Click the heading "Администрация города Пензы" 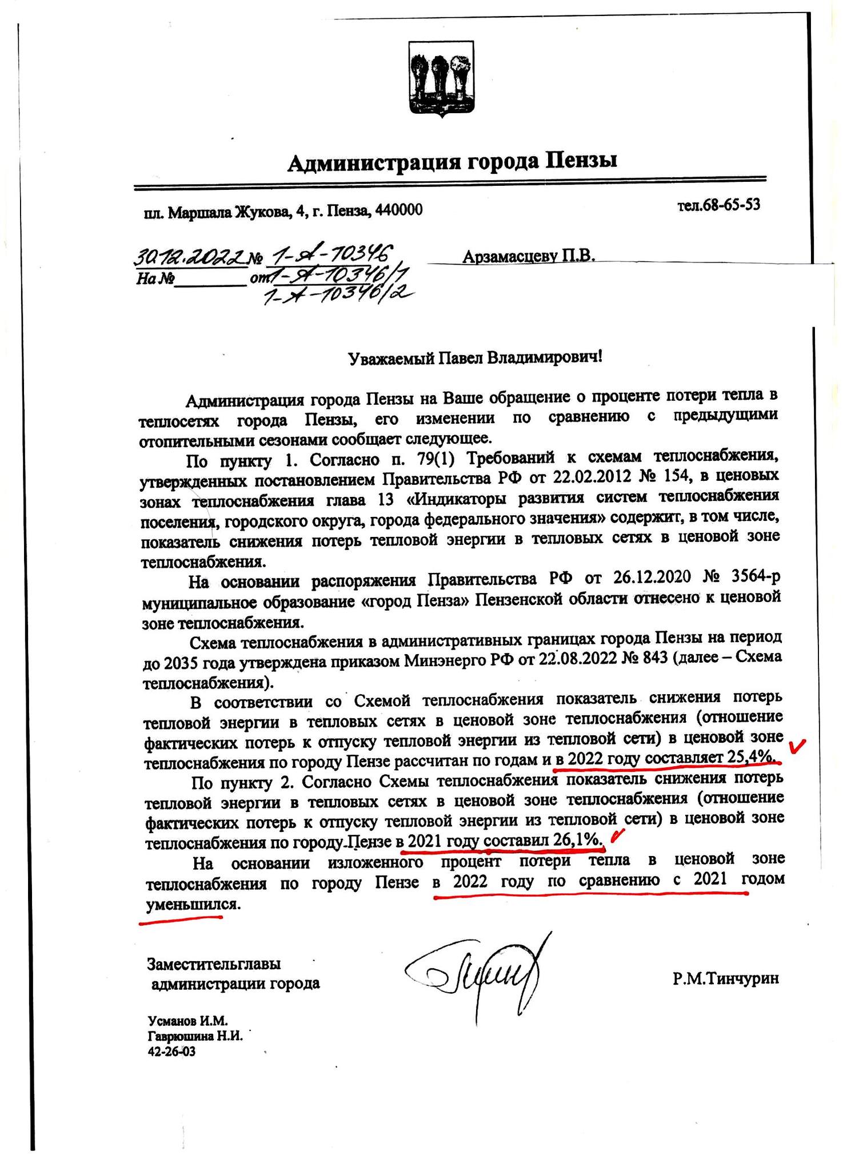click(x=452, y=162)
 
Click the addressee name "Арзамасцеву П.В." click(x=529, y=257)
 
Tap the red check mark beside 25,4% click(x=797, y=746)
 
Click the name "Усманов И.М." click(x=188, y=1020)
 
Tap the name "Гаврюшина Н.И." click(x=195, y=1035)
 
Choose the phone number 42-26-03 click(x=171, y=1051)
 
